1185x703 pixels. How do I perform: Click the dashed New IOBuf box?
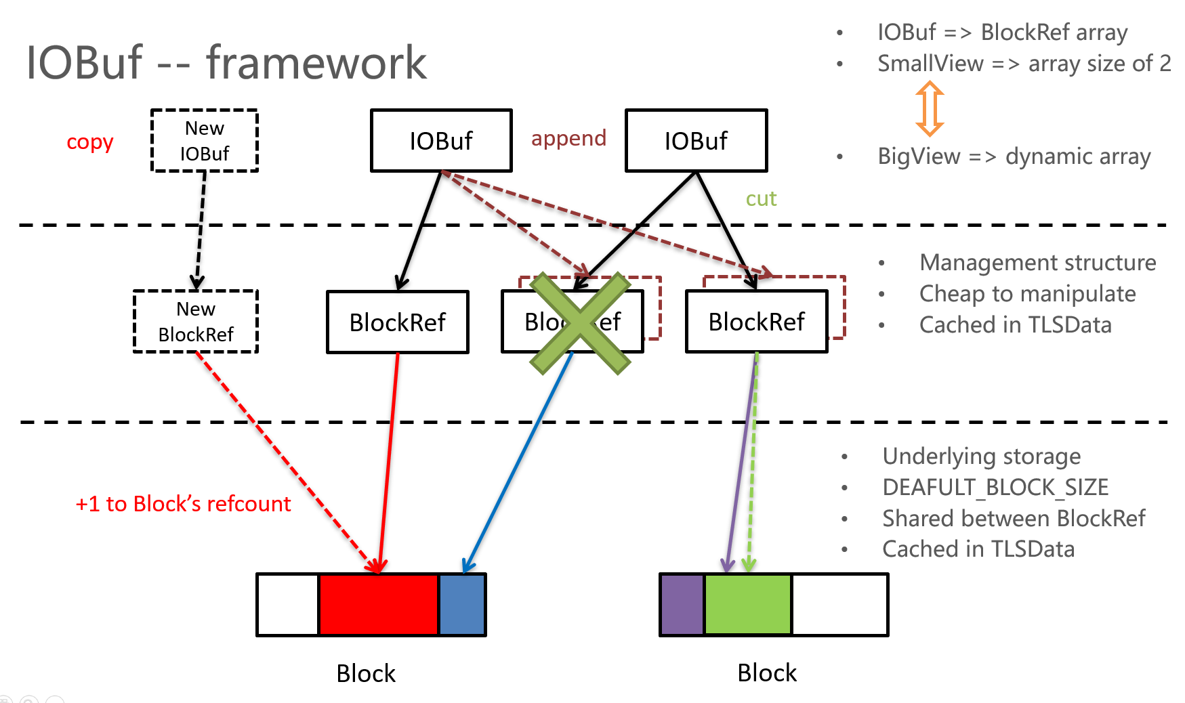point(205,141)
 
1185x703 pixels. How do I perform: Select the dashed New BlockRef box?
point(196,322)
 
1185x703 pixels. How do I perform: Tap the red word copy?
point(89,142)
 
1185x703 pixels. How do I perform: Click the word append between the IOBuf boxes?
point(568,138)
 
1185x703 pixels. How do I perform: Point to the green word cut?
point(761,198)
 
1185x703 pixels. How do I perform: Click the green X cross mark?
point(580,324)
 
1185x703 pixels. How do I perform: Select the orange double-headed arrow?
point(930,108)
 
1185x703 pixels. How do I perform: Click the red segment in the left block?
point(378,605)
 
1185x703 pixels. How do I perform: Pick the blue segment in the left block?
point(462,605)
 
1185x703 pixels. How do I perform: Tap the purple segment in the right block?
point(682,605)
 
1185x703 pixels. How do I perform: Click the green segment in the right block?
point(748,605)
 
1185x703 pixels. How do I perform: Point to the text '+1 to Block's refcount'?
point(183,504)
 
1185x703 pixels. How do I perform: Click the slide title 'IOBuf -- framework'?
point(226,62)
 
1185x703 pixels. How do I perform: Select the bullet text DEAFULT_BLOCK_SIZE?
point(995,487)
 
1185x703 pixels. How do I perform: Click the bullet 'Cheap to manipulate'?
point(1027,294)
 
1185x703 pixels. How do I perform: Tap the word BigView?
point(919,156)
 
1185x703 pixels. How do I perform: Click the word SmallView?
point(930,64)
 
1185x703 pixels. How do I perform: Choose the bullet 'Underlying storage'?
point(981,456)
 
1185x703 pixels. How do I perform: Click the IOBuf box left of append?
point(441,141)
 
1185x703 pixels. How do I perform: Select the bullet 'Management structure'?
point(1037,263)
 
